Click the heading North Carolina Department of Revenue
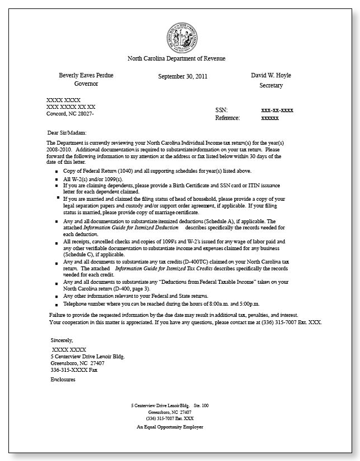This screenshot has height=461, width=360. pyautogui.click(x=176, y=58)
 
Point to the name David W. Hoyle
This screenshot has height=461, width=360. pyautogui.click(x=271, y=75)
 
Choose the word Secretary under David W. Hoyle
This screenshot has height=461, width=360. pyautogui.click(x=271, y=86)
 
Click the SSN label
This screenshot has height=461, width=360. pyautogui.click(x=221, y=110)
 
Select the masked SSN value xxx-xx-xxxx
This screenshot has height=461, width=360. pyautogui.click(x=277, y=110)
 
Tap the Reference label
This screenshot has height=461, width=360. pyautogui.click(x=227, y=118)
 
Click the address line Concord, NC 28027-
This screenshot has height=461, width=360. pyautogui.click(x=70, y=114)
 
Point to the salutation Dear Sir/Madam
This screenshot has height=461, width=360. pyautogui.click(x=68, y=133)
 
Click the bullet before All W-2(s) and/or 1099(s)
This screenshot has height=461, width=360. pyautogui.click(x=56, y=179)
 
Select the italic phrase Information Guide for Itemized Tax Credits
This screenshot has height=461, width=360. pyautogui.click(x=163, y=269)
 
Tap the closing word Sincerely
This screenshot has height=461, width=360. pyautogui.click(x=62, y=340)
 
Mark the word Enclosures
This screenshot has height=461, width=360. pyautogui.click(x=63, y=380)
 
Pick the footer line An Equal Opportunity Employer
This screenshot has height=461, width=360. pyautogui.click(x=169, y=427)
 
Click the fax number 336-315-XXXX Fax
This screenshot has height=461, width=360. pyautogui.click(x=74, y=370)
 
